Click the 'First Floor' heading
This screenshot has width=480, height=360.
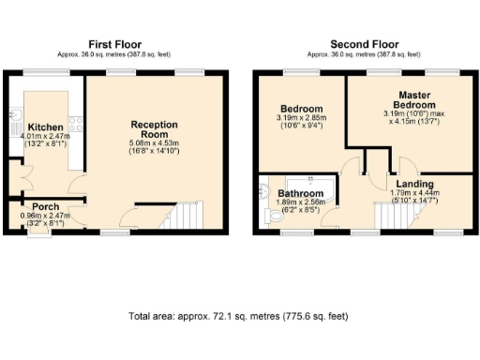115,44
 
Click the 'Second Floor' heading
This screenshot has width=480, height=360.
364,44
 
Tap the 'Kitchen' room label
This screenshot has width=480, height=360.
44,127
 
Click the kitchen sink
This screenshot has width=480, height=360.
15,117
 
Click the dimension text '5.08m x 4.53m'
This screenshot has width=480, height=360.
155,143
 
